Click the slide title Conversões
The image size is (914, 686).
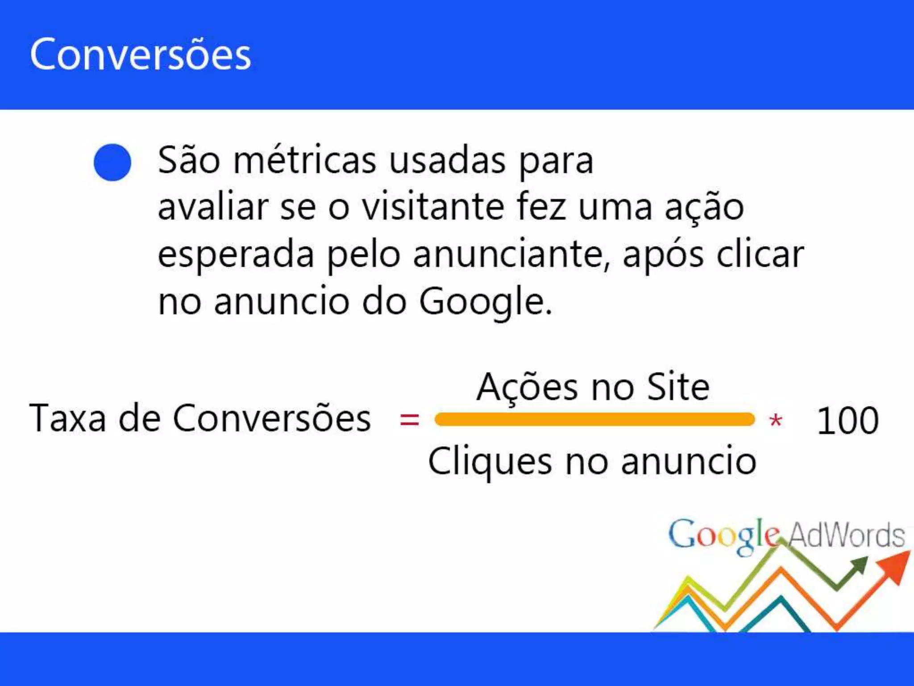click(140, 54)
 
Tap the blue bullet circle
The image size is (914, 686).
click(112, 162)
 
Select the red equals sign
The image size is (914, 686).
click(409, 419)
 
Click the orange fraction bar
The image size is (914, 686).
click(594, 419)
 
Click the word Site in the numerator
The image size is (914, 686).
click(678, 387)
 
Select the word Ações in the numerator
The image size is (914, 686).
click(527, 387)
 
